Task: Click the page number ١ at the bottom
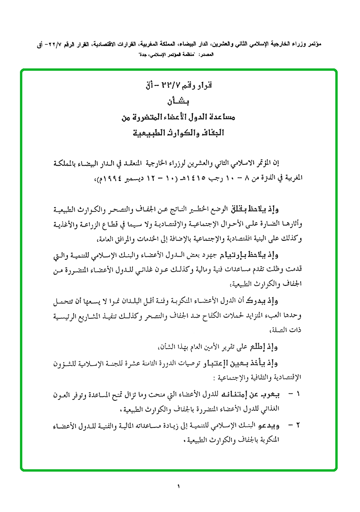(179, 486)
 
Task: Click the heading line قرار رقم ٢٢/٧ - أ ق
(179, 87)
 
